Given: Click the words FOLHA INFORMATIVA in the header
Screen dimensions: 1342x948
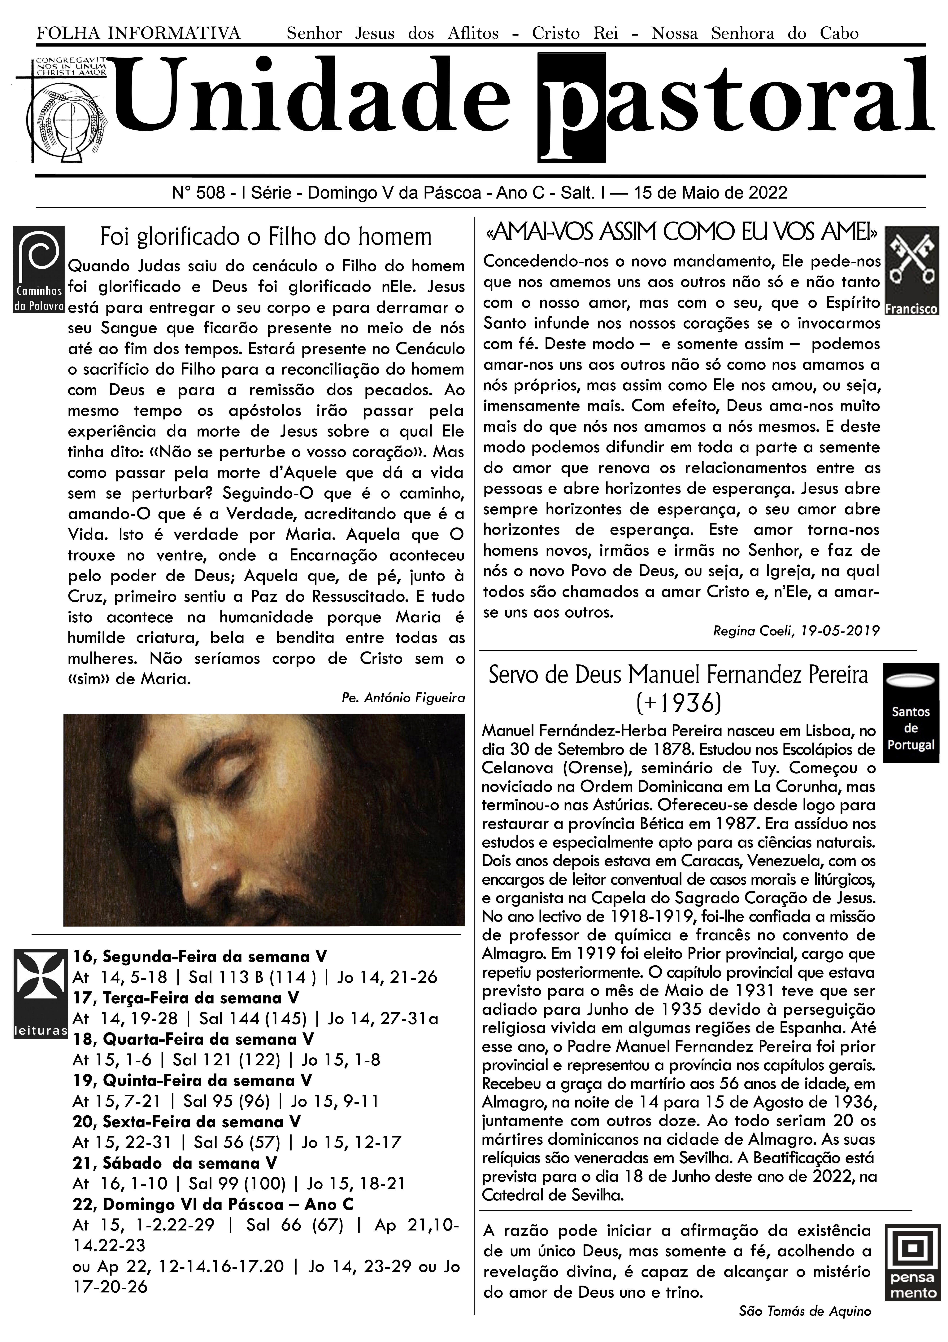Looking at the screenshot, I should pos(138,33).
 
